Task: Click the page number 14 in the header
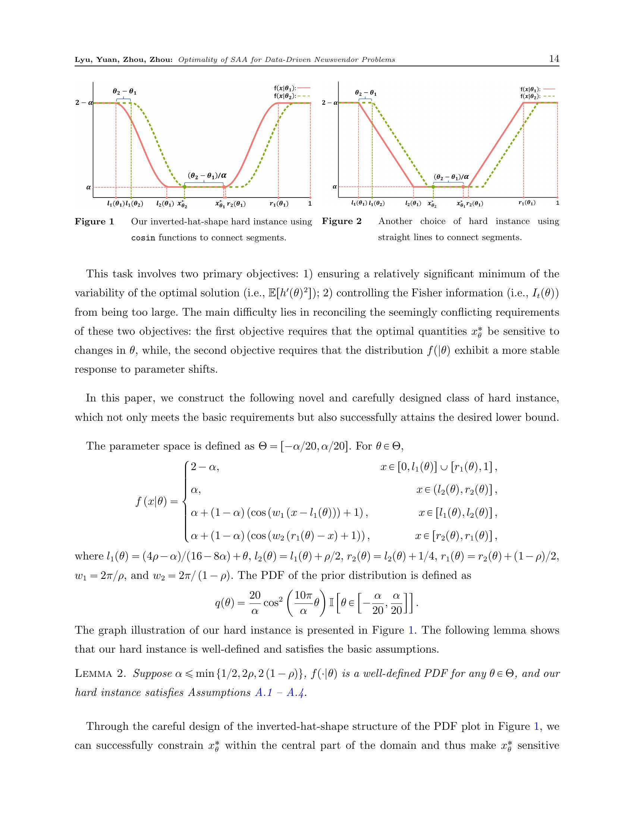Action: click(x=554, y=59)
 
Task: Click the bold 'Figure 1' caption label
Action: click(x=94, y=221)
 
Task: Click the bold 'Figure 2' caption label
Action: click(x=341, y=221)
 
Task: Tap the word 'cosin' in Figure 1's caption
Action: click(x=143, y=238)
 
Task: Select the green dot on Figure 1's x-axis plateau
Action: click(x=184, y=187)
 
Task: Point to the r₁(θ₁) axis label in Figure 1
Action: click(x=279, y=204)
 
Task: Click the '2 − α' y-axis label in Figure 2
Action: click(x=329, y=102)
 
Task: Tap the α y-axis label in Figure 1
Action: click(x=89, y=187)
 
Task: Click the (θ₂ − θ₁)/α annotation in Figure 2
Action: click(x=451, y=176)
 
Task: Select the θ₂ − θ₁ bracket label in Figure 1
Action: click(x=125, y=91)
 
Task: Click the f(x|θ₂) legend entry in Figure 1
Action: click(x=292, y=96)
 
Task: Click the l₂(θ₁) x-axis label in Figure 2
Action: click(x=413, y=204)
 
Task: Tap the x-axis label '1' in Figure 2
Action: click(x=558, y=203)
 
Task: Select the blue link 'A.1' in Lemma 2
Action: click(x=264, y=693)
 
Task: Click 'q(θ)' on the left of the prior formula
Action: click(x=225, y=603)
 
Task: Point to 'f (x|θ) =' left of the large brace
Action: click(x=157, y=502)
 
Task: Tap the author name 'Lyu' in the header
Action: click(x=83, y=60)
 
